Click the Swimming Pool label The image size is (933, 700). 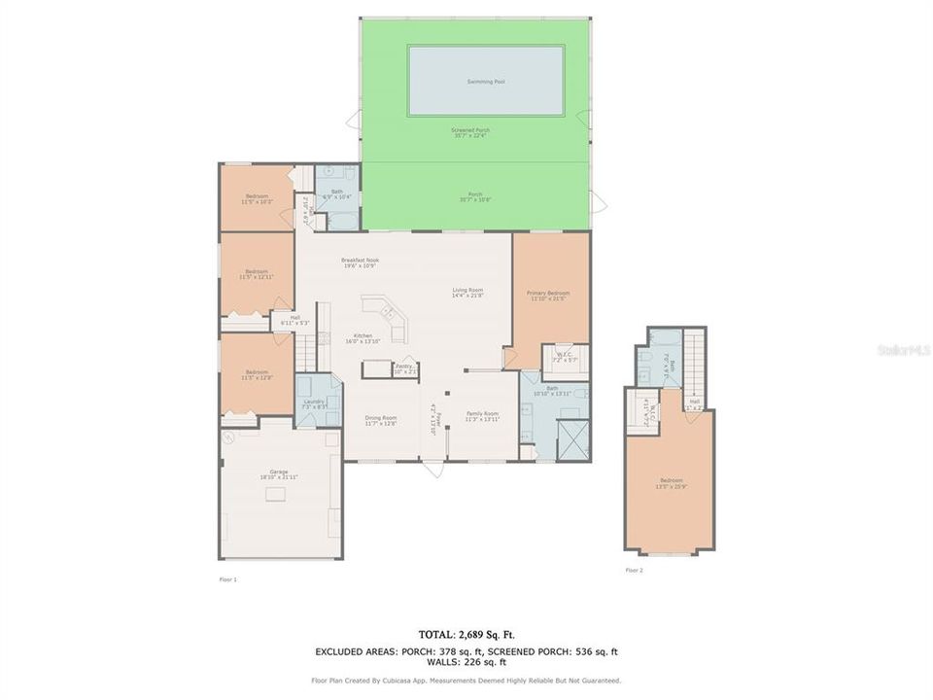(x=486, y=82)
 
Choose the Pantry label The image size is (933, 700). (x=404, y=368)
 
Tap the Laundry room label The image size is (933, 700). (x=313, y=403)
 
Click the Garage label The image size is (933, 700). (x=279, y=473)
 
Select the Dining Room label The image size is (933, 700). (x=381, y=419)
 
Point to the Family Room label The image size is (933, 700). (x=482, y=416)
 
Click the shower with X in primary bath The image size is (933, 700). (x=572, y=439)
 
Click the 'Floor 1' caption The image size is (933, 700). (x=227, y=578)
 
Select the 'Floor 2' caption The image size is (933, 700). (x=634, y=570)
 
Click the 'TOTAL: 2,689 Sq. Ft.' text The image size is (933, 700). (x=466, y=634)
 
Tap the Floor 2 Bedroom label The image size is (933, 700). (x=671, y=482)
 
